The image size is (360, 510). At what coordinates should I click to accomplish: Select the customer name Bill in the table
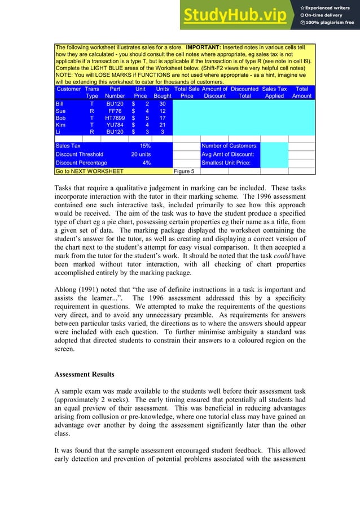(x=60, y=104)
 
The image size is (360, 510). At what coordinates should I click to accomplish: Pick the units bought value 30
(x=163, y=104)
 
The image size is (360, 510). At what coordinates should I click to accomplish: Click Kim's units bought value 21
(x=163, y=125)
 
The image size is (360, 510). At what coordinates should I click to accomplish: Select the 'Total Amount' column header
(x=302, y=93)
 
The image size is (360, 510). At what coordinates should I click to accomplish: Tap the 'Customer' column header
(x=69, y=89)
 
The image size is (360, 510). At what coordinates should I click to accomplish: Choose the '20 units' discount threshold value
(x=141, y=154)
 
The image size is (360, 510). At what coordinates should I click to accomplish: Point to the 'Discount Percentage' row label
(x=81, y=163)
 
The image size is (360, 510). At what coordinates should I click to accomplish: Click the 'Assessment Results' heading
(x=85, y=374)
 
